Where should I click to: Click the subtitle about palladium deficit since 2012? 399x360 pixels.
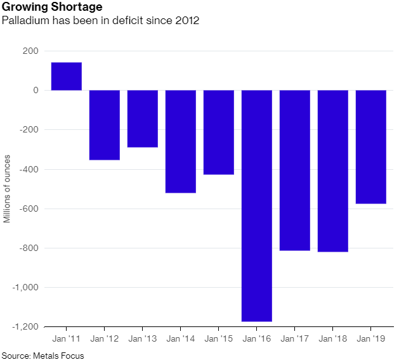pyautogui.click(x=101, y=21)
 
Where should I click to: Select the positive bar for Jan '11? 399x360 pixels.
pyautogui.click(x=67, y=77)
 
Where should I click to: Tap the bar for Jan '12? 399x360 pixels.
pyautogui.click(x=105, y=125)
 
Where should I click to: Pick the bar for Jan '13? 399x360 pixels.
pyautogui.click(x=143, y=119)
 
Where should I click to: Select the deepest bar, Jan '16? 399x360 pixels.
pyautogui.click(x=257, y=206)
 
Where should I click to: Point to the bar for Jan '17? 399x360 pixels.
pyautogui.click(x=295, y=170)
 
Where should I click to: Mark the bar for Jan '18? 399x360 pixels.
pyautogui.click(x=333, y=171)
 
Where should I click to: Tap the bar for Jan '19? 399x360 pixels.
pyautogui.click(x=371, y=147)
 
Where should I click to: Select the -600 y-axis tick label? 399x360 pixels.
pyautogui.click(x=29, y=209)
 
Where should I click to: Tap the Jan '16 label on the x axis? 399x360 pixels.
pyautogui.click(x=256, y=339)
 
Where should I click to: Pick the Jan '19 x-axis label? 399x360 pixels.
pyautogui.click(x=370, y=339)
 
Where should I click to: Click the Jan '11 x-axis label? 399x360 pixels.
pyautogui.click(x=66, y=339)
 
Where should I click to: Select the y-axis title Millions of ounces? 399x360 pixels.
pyautogui.click(x=8, y=190)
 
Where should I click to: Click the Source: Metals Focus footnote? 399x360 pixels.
pyautogui.click(x=42, y=355)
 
